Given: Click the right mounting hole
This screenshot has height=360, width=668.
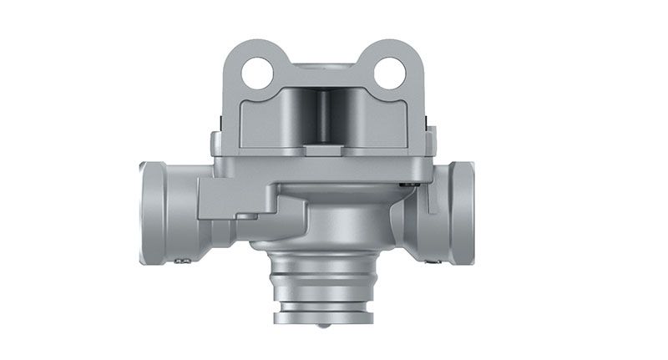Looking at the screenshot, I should pyautogui.click(x=389, y=75).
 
